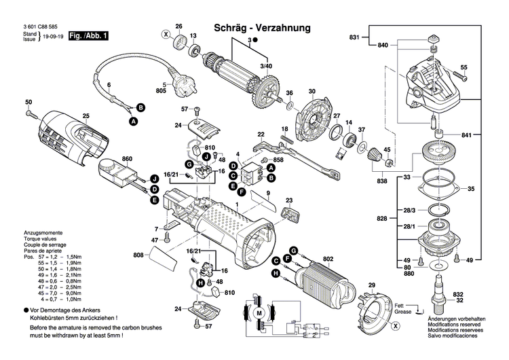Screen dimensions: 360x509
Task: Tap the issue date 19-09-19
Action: [53, 39]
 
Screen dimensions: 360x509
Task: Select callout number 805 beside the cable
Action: [160, 90]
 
